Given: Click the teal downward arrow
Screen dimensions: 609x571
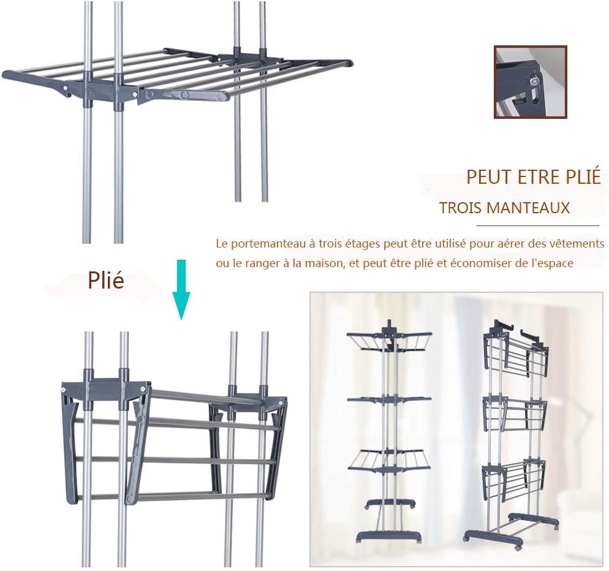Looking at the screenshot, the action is (x=181, y=290).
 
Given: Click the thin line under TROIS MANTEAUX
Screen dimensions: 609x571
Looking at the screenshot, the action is (x=537, y=225).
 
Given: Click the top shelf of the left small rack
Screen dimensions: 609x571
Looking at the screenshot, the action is (x=389, y=339).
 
